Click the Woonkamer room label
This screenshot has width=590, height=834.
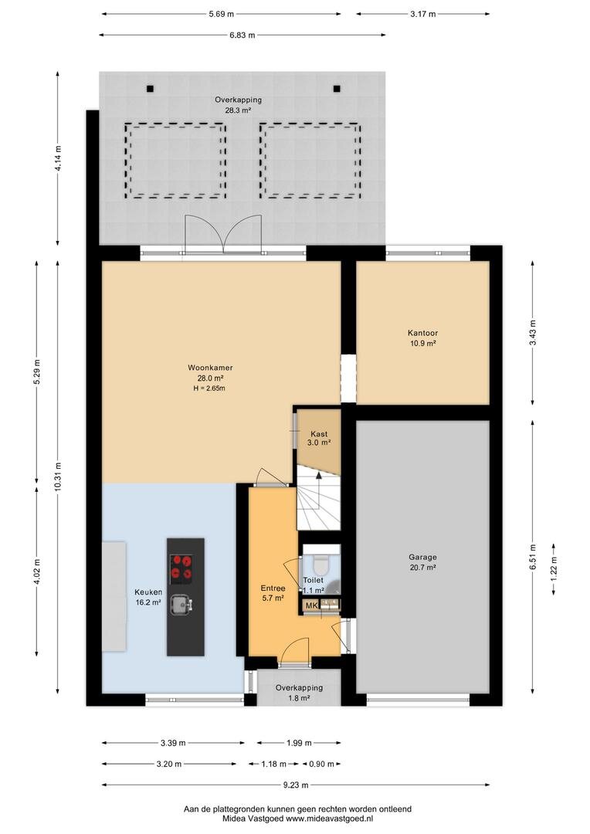point(210,368)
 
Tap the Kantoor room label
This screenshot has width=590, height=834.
point(423,333)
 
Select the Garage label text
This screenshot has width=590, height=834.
point(423,557)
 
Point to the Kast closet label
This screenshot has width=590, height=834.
point(319,433)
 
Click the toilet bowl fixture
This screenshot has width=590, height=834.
point(320,563)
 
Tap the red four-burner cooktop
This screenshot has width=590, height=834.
point(181,567)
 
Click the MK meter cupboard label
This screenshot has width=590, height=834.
point(311,605)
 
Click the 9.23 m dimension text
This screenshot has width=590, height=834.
point(296,785)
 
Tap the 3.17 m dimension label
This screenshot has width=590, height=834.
point(423,14)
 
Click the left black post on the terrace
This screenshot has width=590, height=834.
point(151,89)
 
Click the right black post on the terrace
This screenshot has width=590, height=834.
point(337,89)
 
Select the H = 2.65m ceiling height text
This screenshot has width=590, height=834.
point(209,388)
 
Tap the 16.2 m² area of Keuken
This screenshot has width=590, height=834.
point(148,602)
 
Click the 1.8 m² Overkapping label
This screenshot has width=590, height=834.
point(299,698)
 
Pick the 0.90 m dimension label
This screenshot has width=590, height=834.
point(321,764)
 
